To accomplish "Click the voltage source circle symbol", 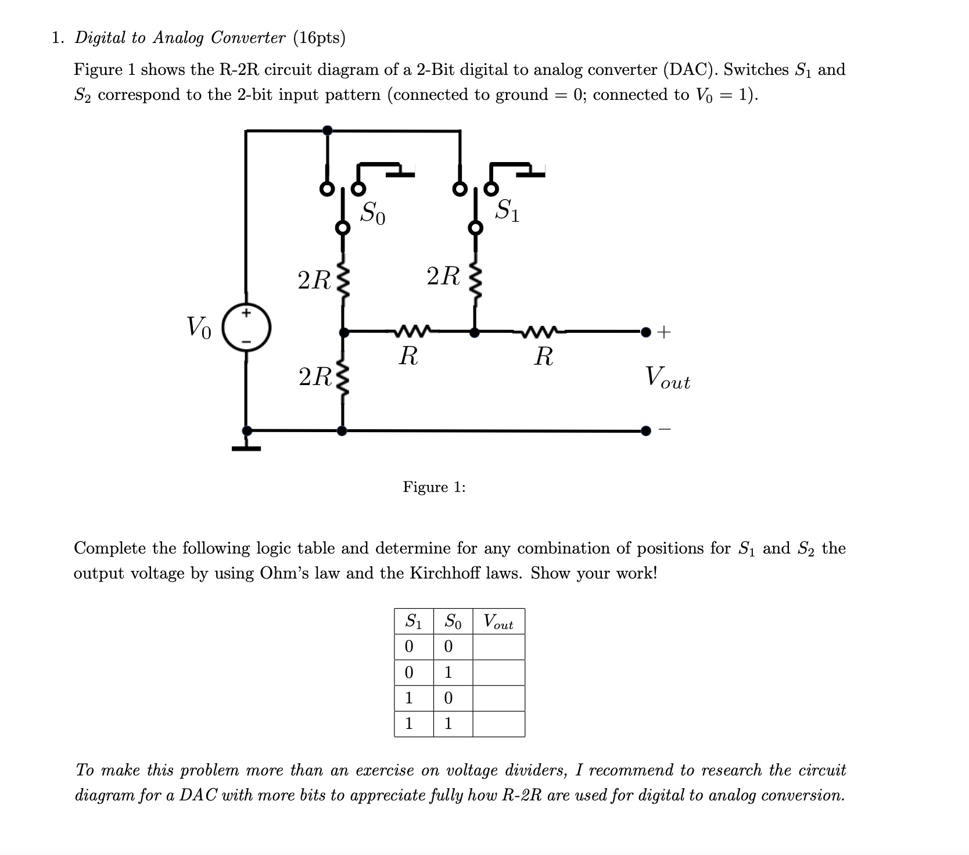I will pyautogui.click(x=247, y=328).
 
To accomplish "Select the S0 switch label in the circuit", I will pyautogui.click(x=372, y=213).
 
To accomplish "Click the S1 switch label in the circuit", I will pyautogui.click(x=507, y=210).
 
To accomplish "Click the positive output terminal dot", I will pyautogui.click(x=645, y=332).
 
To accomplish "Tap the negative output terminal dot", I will pyautogui.click(x=645, y=430).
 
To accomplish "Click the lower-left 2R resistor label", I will pyautogui.click(x=314, y=377).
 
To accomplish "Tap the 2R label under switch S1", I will pyautogui.click(x=443, y=276).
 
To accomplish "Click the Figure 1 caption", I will pyautogui.click(x=434, y=487).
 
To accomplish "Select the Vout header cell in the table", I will pyautogui.click(x=498, y=622).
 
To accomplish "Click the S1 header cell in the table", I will pyautogui.click(x=413, y=622).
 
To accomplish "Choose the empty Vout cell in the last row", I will pyautogui.click(x=498, y=724).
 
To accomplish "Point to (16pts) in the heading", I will pyautogui.click(x=319, y=38).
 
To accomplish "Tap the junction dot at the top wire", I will pyautogui.click(x=328, y=130).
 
